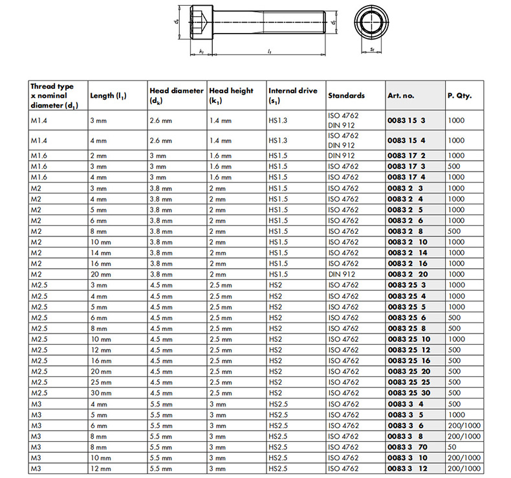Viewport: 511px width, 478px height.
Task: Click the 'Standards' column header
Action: tap(347, 95)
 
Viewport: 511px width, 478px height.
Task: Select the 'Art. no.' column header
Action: tap(400, 95)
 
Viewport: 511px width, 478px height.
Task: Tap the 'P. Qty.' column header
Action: tap(459, 95)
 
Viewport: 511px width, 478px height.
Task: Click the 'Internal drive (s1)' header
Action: tap(293, 96)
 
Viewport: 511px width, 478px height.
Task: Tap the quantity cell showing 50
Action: tap(452, 447)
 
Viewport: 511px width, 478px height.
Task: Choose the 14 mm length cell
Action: tap(100, 253)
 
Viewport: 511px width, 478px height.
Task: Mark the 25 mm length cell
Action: tap(100, 382)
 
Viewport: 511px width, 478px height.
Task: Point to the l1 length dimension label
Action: tap(269, 51)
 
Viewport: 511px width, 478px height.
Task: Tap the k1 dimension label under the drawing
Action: tap(202, 51)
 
